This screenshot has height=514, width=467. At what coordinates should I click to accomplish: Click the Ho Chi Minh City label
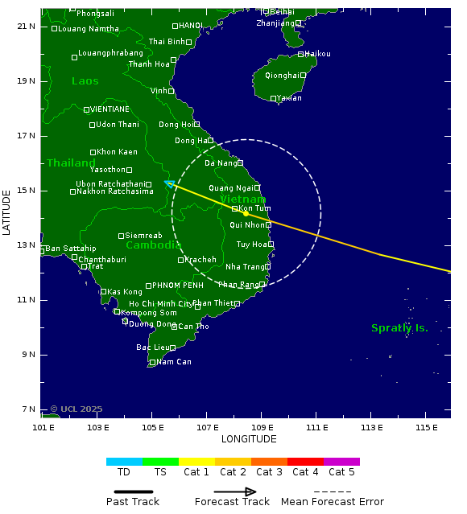click(x=160, y=304)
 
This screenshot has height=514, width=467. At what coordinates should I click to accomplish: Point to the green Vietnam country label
click(x=242, y=199)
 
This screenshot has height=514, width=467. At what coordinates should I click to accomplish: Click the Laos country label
click(x=85, y=81)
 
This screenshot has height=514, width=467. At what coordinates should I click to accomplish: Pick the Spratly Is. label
click(x=399, y=328)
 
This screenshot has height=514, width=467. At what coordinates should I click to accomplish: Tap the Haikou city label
click(x=317, y=54)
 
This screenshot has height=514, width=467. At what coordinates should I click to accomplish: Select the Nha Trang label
click(x=245, y=267)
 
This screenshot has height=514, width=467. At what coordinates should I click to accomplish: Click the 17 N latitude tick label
click(x=27, y=136)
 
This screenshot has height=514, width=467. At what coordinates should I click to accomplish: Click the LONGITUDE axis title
click(x=249, y=439)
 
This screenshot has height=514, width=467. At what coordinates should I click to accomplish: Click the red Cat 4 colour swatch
click(x=305, y=462)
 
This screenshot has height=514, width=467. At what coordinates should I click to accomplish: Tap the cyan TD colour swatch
click(x=124, y=462)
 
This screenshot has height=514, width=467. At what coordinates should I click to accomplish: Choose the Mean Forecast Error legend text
click(x=333, y=502)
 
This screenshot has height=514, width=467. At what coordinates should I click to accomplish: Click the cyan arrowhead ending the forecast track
click(x=167, y=183)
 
